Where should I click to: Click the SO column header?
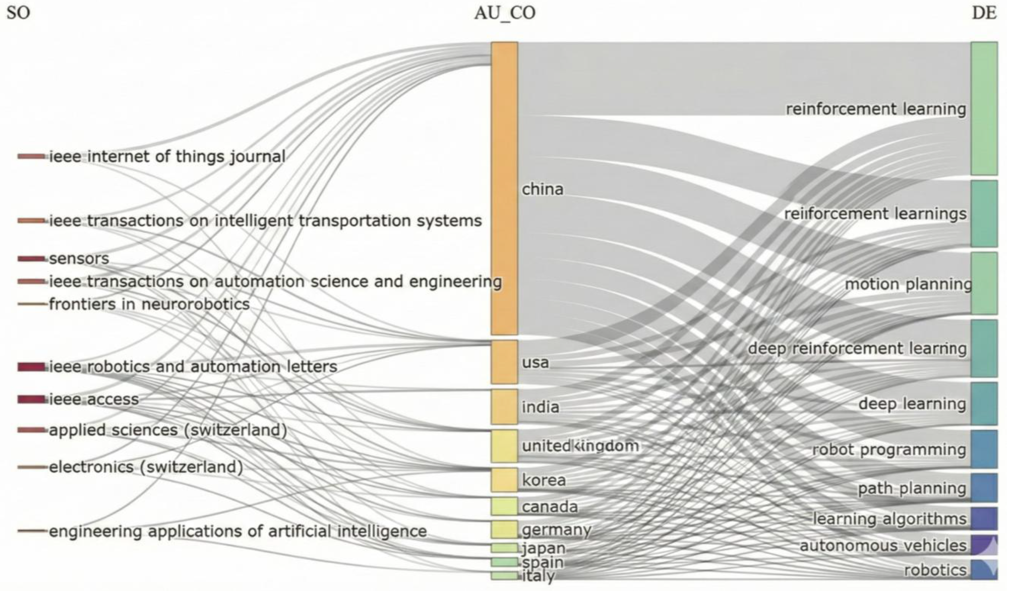(x=19, y=13)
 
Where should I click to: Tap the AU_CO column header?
(x=505, y=13)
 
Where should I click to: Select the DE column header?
(x=984, y=13)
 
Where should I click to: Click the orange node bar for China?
(x=505, y=188)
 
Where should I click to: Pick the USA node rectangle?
(x=505, y=362)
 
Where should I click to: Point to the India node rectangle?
(x=505, y=407)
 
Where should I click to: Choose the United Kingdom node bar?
(x=505, y=446)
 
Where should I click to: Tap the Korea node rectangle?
(x=505, y=480)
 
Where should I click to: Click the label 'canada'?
(x=550, y=507)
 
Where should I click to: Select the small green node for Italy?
(x=505, y=576)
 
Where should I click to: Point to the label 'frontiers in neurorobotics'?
(x=149, y=304)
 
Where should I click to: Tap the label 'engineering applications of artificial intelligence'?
(x=238, y=531)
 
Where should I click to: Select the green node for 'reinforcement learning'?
(x=984, y=108)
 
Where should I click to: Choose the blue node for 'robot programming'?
(x=984, y=449)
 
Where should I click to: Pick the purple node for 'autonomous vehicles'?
(x=984, y=545)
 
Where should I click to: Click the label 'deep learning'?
(x=912, y=403)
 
